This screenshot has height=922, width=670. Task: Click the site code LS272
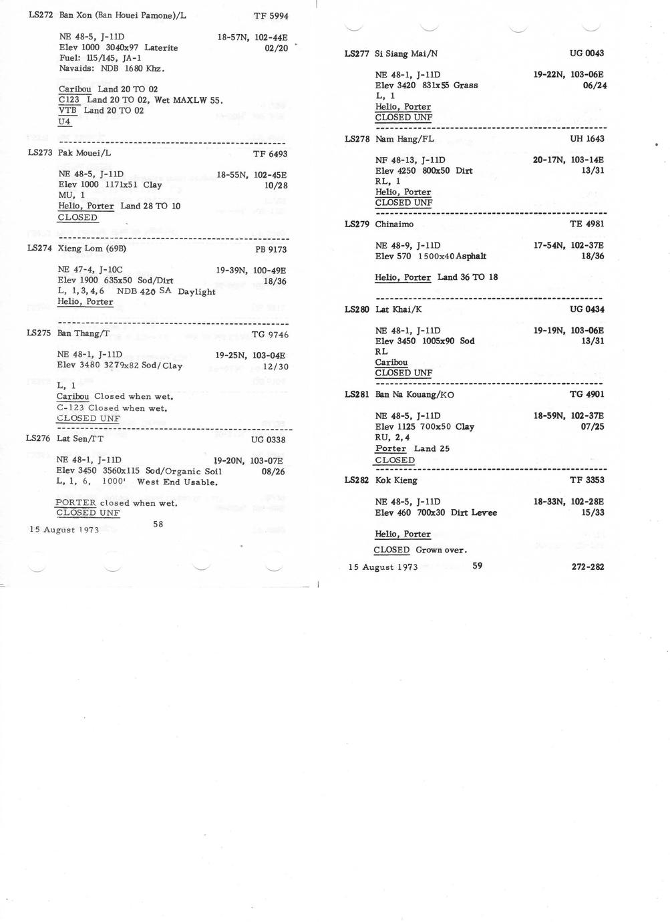[40, 15]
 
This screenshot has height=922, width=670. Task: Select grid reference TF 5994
[271, 16]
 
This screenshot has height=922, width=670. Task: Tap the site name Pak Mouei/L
[84, 153]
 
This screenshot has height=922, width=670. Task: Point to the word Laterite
[161, 47]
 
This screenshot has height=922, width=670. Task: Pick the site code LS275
[39, 333]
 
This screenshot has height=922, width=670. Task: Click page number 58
[158, 524]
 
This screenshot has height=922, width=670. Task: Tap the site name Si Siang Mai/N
[406, 53]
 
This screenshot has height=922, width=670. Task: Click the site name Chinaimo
[394, 224]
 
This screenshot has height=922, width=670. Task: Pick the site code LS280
[357, 309]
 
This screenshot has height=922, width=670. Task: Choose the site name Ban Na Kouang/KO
[415, 395]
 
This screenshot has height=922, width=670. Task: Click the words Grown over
[441, 550]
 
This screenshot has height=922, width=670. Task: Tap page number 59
[477, 565]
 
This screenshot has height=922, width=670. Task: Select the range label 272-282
[588, 567]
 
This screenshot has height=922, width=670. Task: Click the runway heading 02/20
[276, 48]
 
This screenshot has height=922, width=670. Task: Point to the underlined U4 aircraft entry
[64, 122]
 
